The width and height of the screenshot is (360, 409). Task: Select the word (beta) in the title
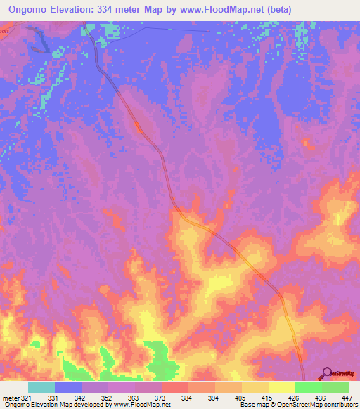tap(276, 8)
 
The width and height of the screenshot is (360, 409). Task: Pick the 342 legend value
tap(81, 397)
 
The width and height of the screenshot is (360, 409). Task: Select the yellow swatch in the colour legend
tap(281, 387)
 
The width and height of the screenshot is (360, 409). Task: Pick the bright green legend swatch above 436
tap(308, 387)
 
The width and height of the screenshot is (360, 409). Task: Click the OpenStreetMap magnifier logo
tap(327, 373)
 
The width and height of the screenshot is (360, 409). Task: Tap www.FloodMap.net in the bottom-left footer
tap(142, 405)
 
